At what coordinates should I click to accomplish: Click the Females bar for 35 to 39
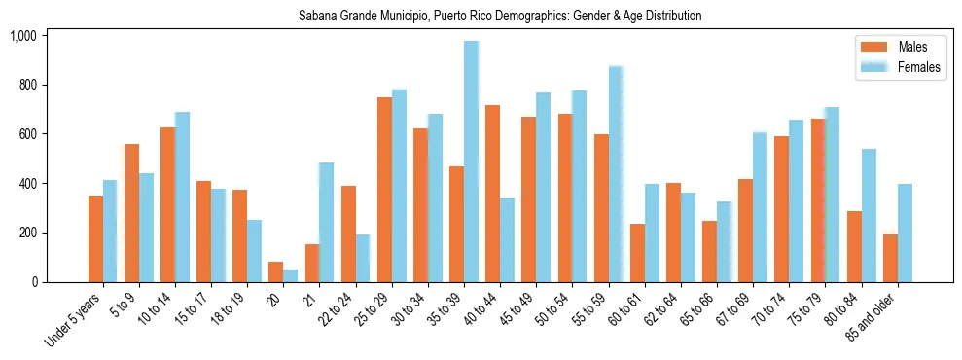coord(471,162)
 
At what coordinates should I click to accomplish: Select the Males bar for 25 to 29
coord(384,190)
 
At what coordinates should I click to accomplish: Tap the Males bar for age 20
coord(276,271)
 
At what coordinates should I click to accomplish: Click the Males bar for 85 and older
coord(890,258)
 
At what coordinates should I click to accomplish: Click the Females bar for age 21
coord(326,222)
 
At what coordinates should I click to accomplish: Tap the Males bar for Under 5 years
coord(95,238)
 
